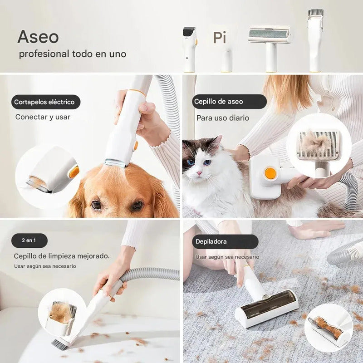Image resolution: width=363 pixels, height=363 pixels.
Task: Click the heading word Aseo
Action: [38, 37]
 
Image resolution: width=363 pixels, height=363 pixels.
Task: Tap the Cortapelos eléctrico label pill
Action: [44, 102]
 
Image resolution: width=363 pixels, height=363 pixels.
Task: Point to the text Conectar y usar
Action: [43, 117]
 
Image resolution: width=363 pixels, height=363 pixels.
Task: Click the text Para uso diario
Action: [222, 118]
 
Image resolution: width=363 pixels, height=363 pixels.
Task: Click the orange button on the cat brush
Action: [270, 174]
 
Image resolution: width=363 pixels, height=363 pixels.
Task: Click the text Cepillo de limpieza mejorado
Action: [62, 256]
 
